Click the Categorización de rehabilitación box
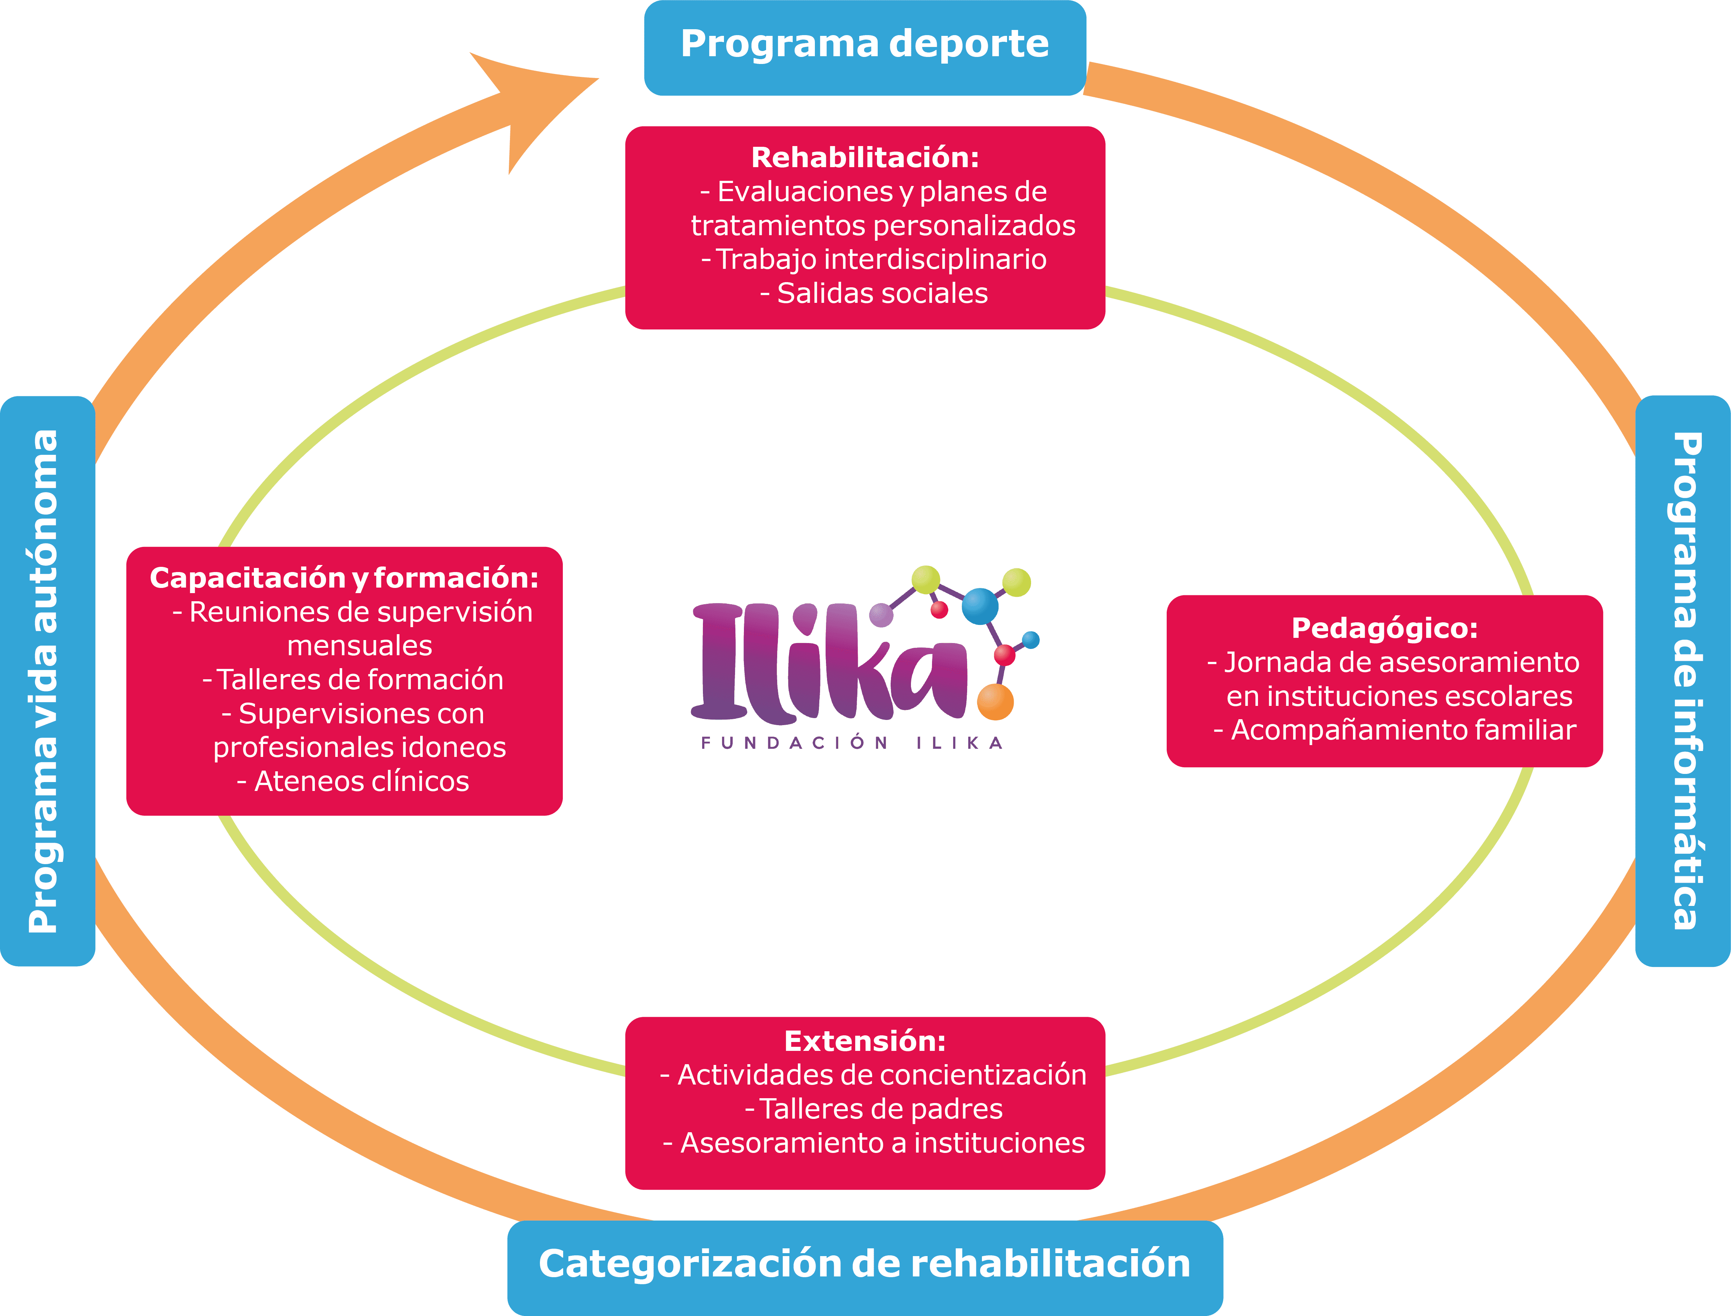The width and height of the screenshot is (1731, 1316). [x=864, y=1263]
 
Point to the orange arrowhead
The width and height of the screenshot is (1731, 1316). [x=533, y=102]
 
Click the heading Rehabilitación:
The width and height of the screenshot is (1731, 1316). [x=864, y=158]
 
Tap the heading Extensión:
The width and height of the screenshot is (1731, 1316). [x=864, y=1041]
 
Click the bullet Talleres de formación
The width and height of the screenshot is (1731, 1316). [x=353, y=679]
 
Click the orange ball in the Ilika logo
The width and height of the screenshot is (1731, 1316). [x=995, y=702]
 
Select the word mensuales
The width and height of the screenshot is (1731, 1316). [x=359, y=646]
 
